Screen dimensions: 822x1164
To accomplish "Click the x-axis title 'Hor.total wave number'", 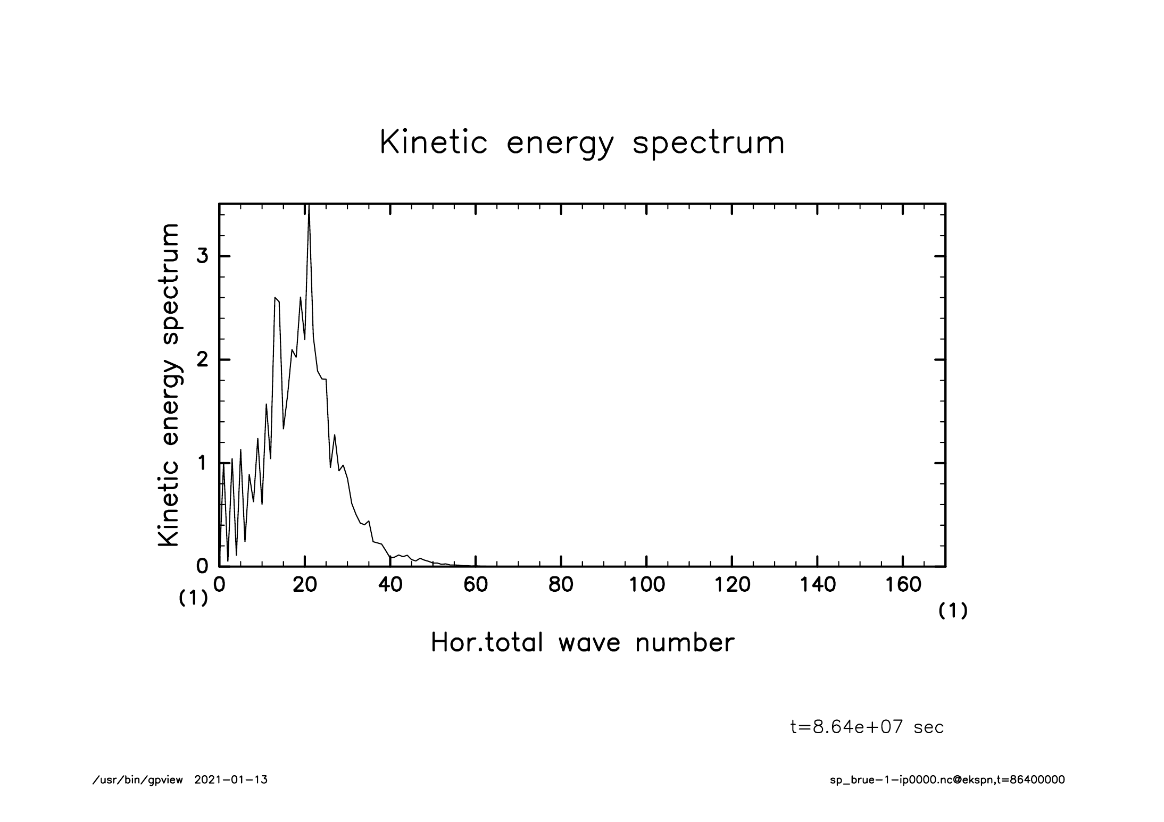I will click(x=582, y=642).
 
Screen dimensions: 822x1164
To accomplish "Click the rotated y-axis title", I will click(x=169, y=385).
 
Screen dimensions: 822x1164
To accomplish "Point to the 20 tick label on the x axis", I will click(x=305, y=585).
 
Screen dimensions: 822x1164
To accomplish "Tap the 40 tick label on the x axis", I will click(x=390, y=585).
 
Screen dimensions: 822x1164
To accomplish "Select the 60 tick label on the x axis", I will click(x=476, y=585).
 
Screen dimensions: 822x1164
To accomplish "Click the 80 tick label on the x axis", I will click(x=561, y=585).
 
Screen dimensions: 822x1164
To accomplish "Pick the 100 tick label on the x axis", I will click(x=646, y=585).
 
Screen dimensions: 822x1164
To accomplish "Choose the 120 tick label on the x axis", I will click(x=732, y=585).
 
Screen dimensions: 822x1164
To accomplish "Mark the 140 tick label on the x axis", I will click(x=817, y=585).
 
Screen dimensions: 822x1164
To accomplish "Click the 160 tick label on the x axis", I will click(x=903, y=585).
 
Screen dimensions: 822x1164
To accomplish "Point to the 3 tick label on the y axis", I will click(x=202, y=256).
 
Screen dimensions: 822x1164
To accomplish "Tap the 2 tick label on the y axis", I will click(x=202, y=360).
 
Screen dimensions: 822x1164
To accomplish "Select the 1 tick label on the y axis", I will click(x=202, y=463).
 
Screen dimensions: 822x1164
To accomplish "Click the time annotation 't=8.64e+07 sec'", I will click(x=867, y=727).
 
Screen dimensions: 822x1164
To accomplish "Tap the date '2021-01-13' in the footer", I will click(x=231, y=780).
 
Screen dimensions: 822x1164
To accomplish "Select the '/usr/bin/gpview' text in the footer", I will click(x=138, y=780).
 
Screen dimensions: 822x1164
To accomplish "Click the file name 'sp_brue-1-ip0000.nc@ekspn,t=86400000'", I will click(x=947, y=780).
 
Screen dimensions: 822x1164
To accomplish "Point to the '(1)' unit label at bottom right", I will click(x=952, y=611).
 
